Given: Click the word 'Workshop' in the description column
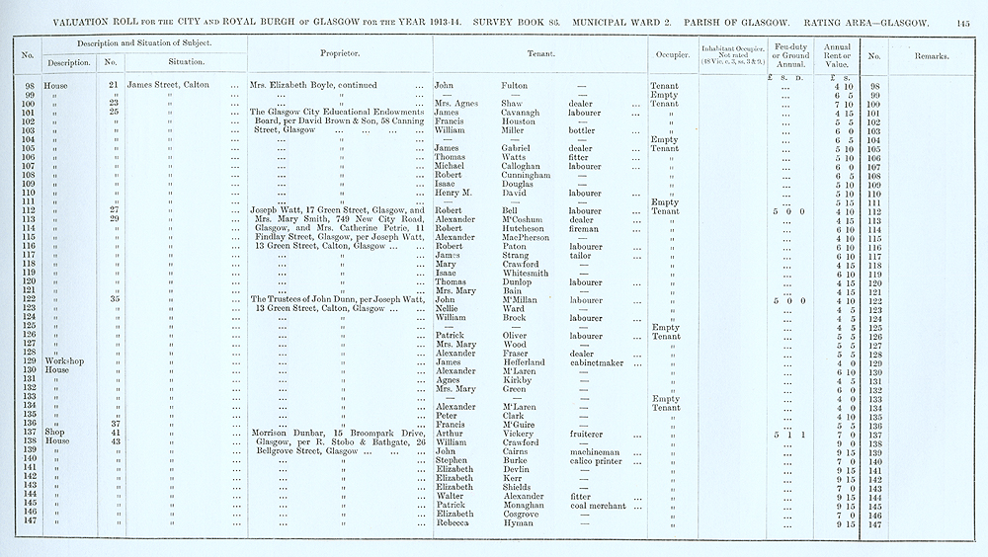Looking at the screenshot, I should tap(60, 362).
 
